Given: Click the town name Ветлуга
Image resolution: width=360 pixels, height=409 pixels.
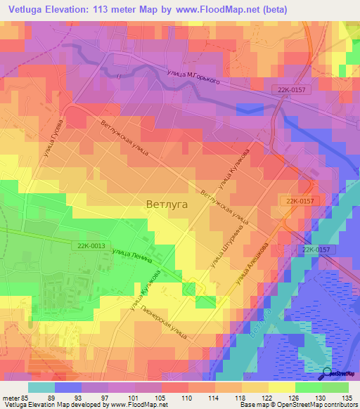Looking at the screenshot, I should tap(167, 204).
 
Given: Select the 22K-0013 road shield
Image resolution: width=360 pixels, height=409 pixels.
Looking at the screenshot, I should tap(89, 245).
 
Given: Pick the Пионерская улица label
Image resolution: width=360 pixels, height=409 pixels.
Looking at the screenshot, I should tap(163, 323).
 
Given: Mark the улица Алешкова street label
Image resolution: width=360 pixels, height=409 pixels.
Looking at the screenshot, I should tap(252, 265).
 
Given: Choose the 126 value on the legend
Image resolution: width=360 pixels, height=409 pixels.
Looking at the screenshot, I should tap(293, 397).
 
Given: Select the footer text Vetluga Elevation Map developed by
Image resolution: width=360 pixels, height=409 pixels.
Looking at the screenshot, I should tap(49, 405).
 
